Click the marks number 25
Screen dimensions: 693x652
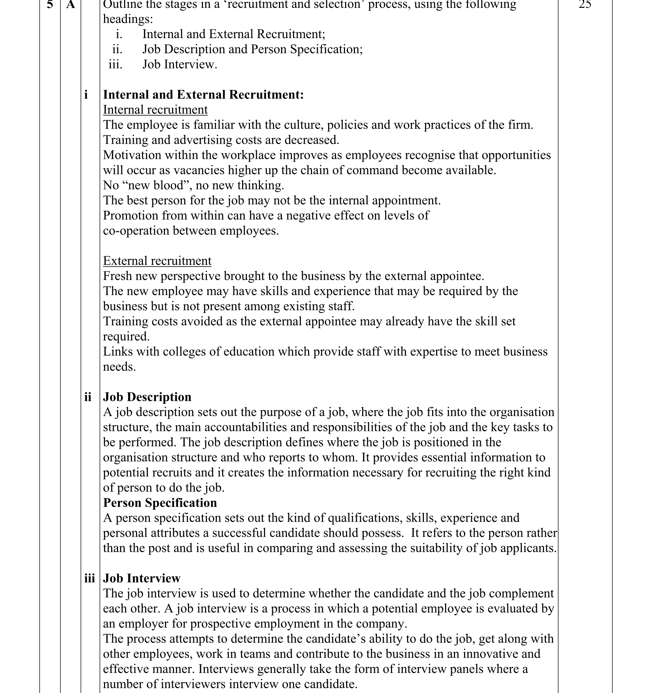click(585, 4)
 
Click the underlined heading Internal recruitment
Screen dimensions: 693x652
click(155, 110)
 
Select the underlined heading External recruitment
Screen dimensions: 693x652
click(157, 261)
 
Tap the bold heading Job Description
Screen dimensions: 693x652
click(147, 397)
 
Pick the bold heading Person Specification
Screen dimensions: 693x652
click(160, 503)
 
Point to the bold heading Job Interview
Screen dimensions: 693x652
click(142, 578)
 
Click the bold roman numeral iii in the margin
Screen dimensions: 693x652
click(89, 578)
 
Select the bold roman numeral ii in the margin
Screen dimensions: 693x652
click(88, 397)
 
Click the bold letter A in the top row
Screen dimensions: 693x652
click(71, 4)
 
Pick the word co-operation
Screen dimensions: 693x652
click(136, 231)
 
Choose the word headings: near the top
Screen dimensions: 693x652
click(128, 19)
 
